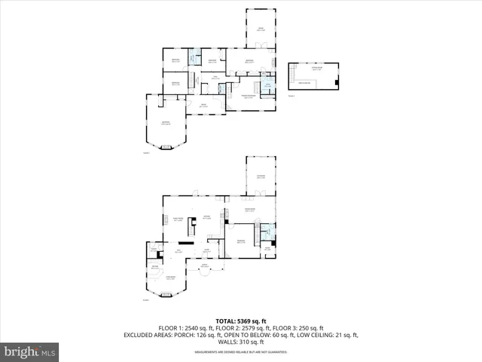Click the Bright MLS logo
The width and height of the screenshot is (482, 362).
[30, 351]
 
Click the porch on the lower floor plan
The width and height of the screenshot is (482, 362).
[204, 266]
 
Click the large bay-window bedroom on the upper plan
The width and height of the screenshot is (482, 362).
[163, 124]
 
